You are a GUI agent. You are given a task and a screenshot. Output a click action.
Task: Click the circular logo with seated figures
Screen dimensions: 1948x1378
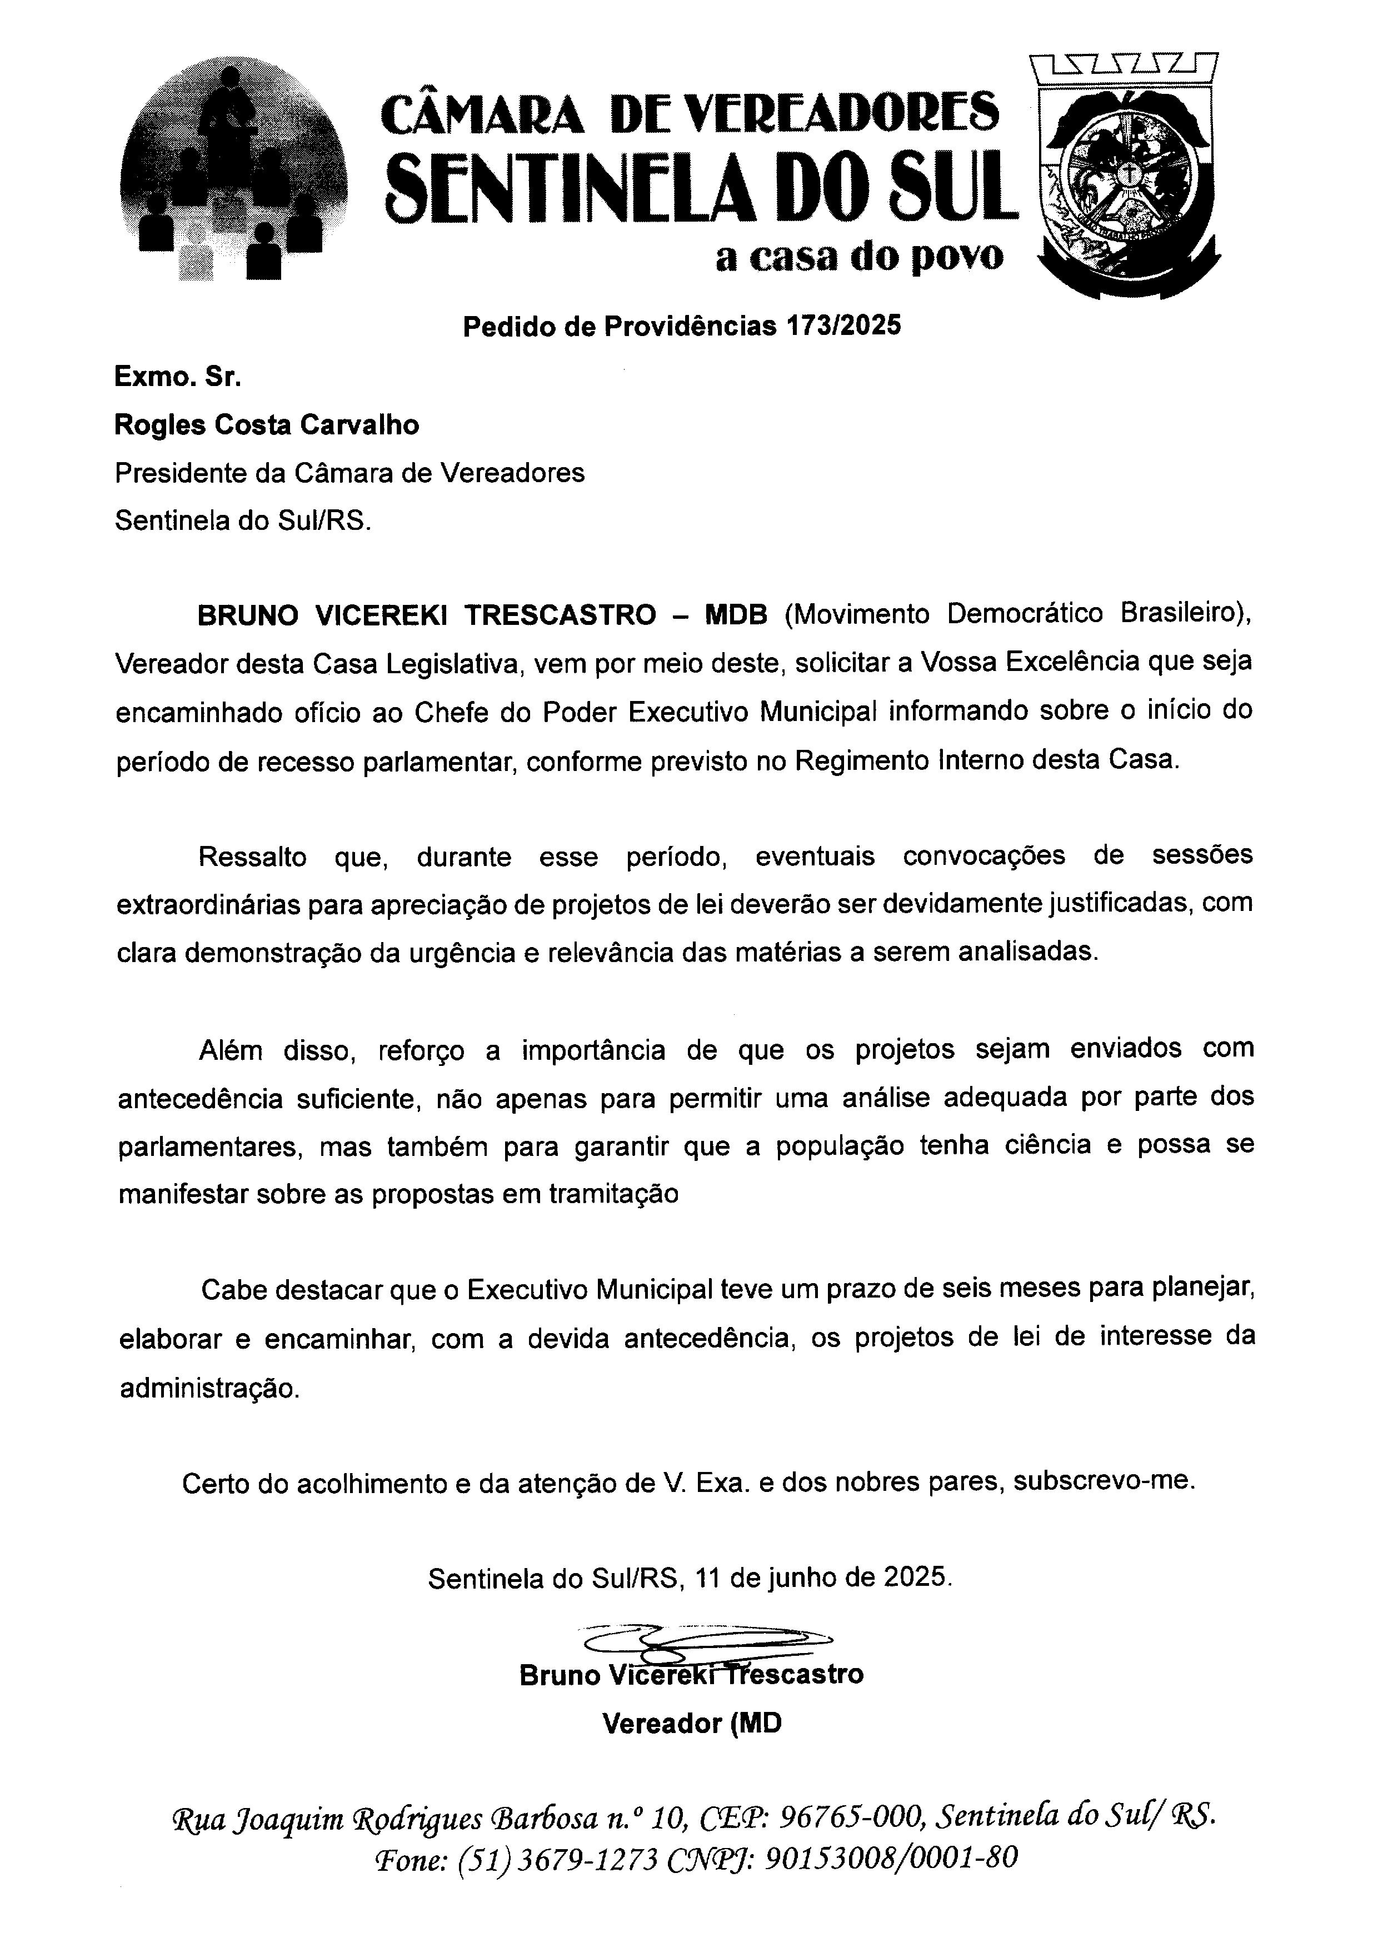[233, 174]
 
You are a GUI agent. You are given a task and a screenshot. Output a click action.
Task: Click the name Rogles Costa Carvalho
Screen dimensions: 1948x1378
[267, 424]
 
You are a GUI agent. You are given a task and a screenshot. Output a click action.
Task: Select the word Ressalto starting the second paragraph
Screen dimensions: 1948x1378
[252, 856]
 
